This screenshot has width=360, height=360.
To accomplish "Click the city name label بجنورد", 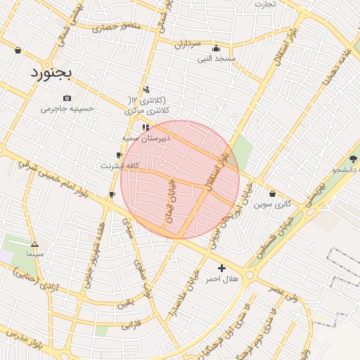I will point(51,72).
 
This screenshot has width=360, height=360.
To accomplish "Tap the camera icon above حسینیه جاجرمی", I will point(67,98).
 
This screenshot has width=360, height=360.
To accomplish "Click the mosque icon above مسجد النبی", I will point(216,49).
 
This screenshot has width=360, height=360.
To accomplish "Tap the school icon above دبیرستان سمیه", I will point(146,127).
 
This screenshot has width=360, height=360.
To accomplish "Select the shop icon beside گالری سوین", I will point(272,194).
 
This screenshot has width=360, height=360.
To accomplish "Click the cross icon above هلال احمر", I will point(222,268).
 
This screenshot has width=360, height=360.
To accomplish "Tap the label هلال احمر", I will point(222,279).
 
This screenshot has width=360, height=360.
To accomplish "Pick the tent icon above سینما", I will point(34,244).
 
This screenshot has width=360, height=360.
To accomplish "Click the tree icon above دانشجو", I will point(353,159).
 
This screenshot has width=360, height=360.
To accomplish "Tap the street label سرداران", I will point(186,44).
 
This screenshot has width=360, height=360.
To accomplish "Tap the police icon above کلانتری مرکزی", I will point(146,89).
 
